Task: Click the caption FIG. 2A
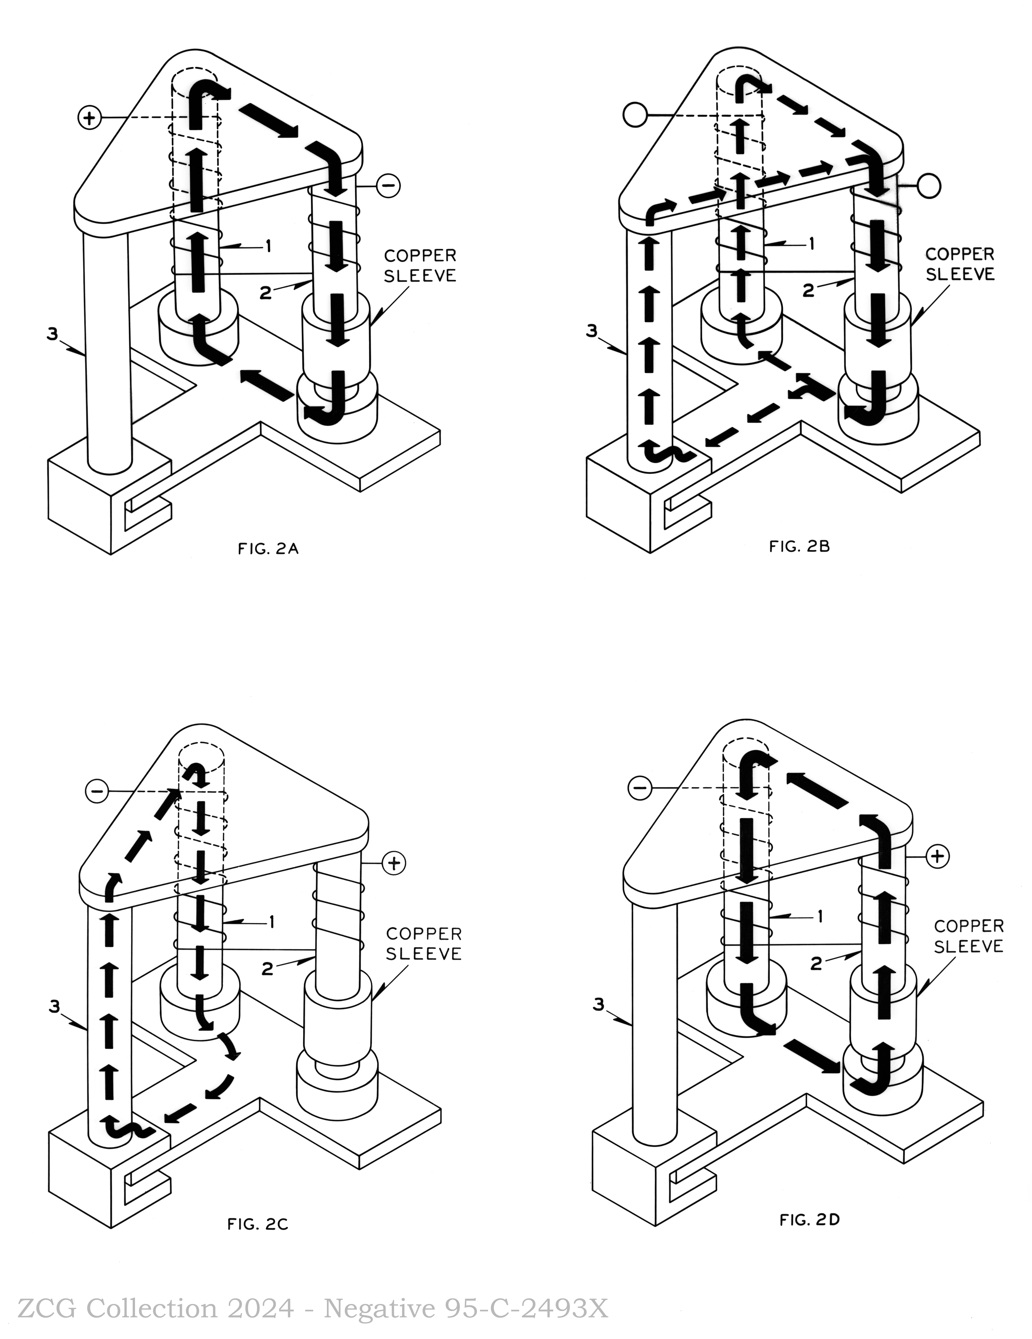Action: coord(268,549)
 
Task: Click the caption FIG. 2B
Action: coord(800,546)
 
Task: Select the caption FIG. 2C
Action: coord(258,1224)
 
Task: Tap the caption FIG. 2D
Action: coord(809,1220)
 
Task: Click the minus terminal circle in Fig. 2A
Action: coord(388,185)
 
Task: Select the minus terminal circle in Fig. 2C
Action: coord(97,791)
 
